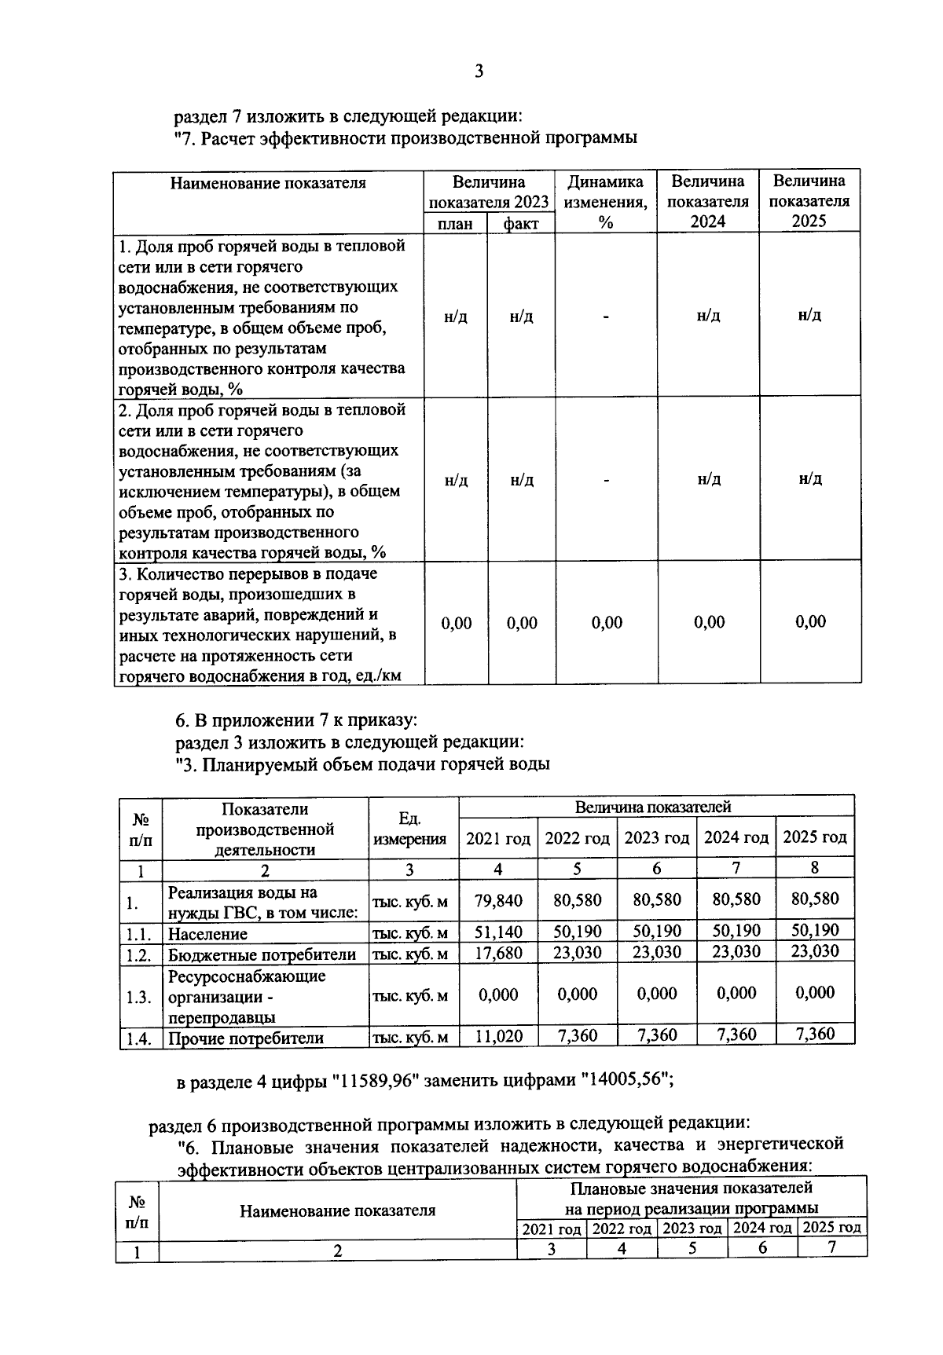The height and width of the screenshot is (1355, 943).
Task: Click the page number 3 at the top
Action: (479, 72)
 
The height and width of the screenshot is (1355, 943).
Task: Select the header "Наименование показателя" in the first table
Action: (268, 183)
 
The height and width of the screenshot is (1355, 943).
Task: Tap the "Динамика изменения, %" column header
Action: (605, 202)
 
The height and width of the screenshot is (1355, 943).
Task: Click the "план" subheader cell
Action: (455, 224)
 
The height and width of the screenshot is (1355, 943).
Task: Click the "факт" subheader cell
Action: (520, 224)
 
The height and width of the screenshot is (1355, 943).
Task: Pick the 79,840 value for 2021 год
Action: (498, 900)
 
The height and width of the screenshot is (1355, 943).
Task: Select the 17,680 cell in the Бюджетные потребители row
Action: (498, 953)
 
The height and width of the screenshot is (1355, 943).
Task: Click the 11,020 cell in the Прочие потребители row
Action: (498, 1036)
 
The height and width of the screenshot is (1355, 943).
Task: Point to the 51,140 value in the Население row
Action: (498, 932)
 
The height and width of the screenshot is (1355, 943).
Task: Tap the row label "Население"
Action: (207, 934)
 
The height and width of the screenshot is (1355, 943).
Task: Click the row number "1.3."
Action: (138, 997)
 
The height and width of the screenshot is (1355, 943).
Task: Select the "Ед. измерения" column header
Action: (409, 829)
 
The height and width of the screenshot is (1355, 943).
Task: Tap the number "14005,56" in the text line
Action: (625, 1081)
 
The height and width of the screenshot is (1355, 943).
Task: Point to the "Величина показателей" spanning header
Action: (653, 807)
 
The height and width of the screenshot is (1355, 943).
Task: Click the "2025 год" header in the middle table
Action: (815, 837)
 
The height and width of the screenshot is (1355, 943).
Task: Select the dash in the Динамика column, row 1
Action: (606, 316)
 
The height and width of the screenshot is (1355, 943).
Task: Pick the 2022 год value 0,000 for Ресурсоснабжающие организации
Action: (578, 994)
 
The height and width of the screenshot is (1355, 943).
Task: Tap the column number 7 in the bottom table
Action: (831, 1248)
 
